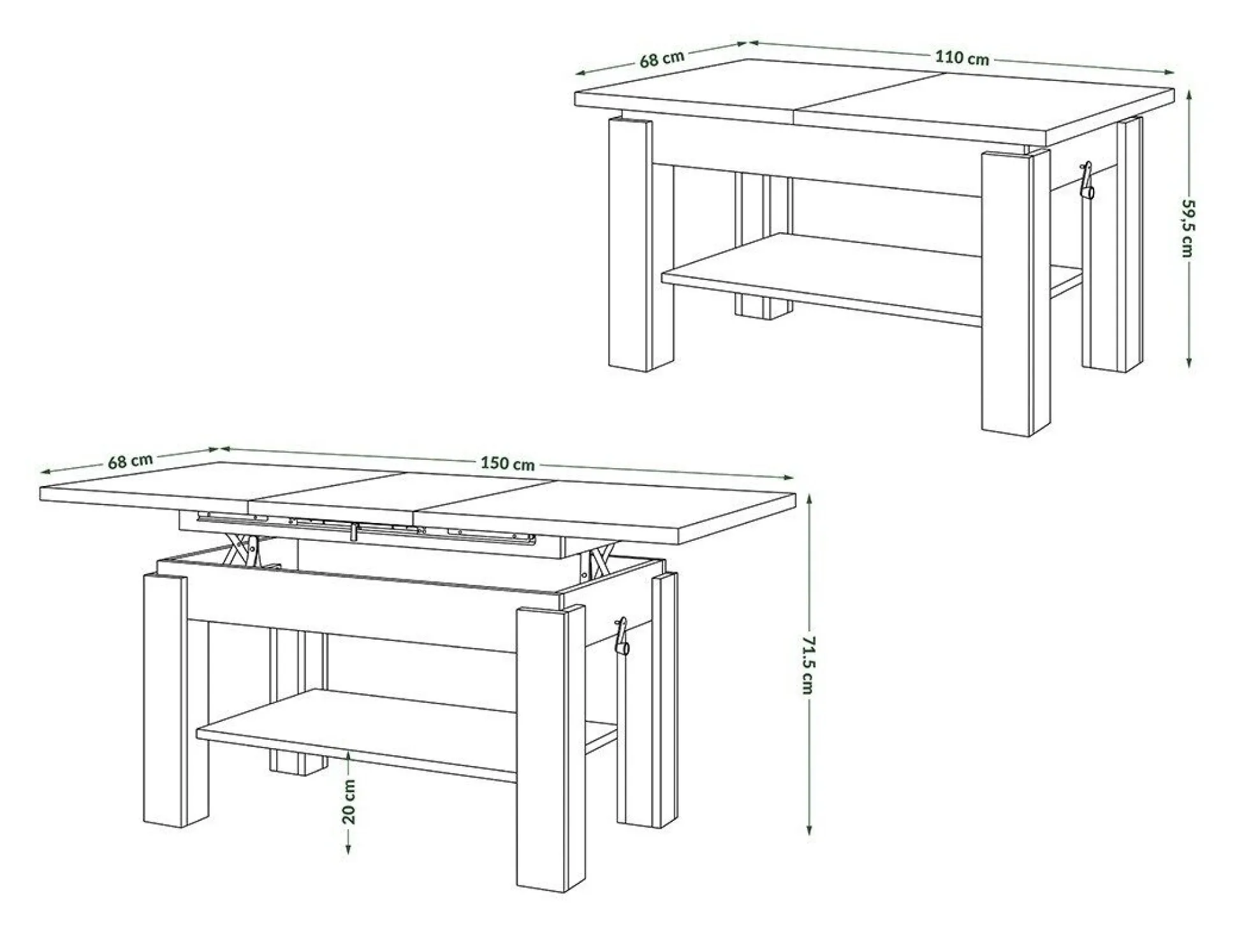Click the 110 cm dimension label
962,57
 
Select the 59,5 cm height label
1187,228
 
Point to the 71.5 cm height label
808,665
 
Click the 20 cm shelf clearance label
349,802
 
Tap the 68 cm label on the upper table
662,59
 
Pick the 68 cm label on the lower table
130,460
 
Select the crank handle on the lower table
622,636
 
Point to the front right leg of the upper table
1015,293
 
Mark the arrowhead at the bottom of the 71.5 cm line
809,830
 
